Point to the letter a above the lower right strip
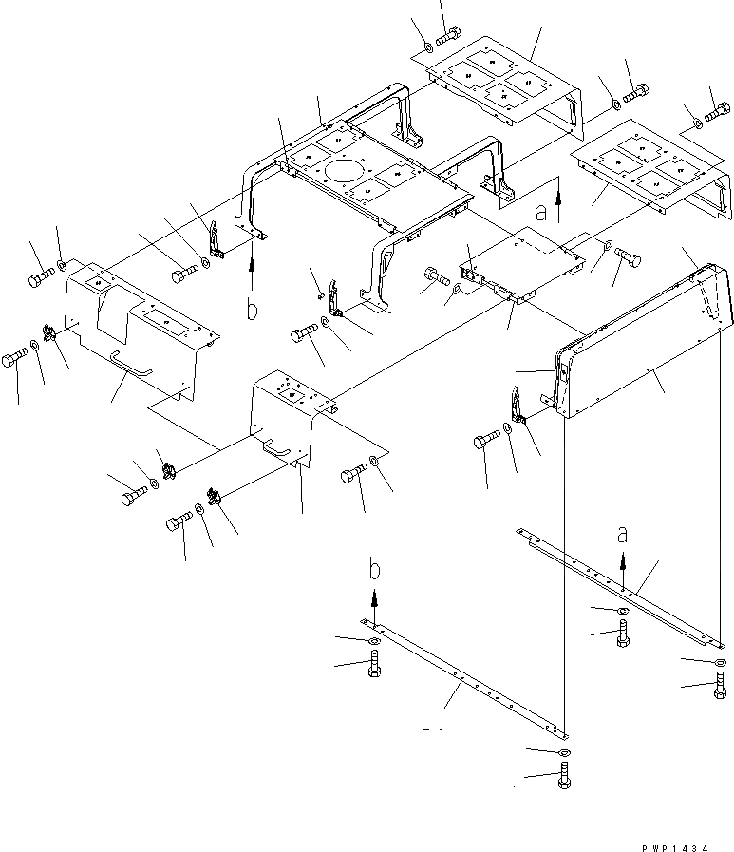click(x=623, y=536)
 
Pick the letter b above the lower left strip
click(x=376, y=571)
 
